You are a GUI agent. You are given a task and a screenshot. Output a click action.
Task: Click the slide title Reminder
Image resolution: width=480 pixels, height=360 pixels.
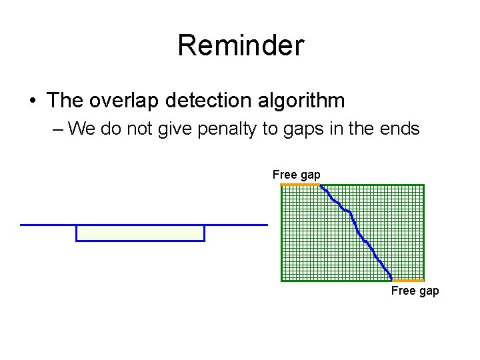tap(240, 46)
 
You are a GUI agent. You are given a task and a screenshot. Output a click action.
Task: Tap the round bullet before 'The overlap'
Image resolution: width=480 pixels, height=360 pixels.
tap(33, 101)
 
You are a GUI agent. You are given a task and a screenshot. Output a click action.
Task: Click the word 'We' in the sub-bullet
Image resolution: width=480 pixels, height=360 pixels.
tap(81, 128)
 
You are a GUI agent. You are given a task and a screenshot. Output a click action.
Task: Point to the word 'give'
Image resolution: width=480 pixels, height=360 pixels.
tap(175, 128)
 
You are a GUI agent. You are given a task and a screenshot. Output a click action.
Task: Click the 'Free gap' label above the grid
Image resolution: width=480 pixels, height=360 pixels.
tap(296, 175)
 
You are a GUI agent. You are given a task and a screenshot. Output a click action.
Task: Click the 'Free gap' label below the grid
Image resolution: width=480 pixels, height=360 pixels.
tap(415, 291)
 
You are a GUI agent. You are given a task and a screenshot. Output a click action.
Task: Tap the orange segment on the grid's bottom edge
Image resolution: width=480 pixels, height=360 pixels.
tap(407, 281)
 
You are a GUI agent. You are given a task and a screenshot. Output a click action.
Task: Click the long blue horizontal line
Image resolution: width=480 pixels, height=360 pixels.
tap(143, 225)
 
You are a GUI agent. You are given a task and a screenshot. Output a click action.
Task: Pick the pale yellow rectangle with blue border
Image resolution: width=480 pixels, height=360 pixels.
tap(140, 233)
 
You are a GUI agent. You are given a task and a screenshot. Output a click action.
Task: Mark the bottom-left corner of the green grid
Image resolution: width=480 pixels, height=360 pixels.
tap(281, 281)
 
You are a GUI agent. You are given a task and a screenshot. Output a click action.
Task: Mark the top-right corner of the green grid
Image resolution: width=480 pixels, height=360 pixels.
tap(423, 185)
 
